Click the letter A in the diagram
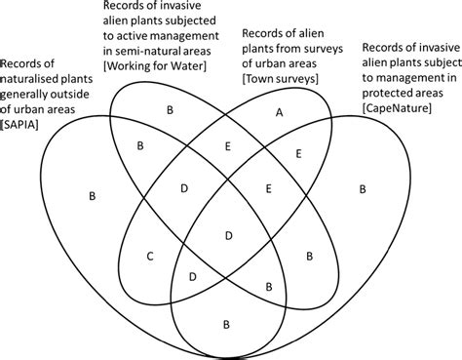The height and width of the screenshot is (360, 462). point(279,113)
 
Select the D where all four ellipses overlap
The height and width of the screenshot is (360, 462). point(229,235)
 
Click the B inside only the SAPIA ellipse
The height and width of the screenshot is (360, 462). point(93,197)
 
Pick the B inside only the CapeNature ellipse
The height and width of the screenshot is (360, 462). point(363,187)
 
